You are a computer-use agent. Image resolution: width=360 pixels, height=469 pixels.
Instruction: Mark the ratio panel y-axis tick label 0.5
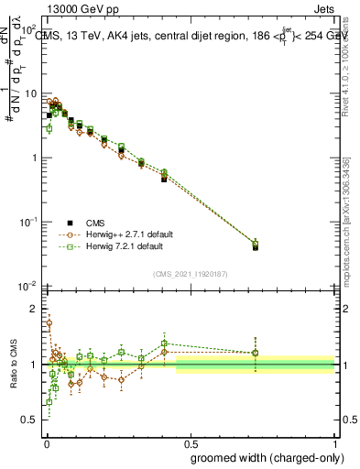pyautogui.click(x=31, y=420)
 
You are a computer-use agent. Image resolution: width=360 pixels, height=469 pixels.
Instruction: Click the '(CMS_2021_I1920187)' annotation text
pyautogui.click(x=190, y=274)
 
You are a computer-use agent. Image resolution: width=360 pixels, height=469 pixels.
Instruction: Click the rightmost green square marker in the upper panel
pyautogui.click(x=256, y=243)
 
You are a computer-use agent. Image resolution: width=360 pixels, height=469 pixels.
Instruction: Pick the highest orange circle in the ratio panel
pyautogui.click(x=49, y=322)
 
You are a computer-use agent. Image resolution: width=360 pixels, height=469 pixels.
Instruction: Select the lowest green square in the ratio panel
pyautogui.click(x=49, y=401)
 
